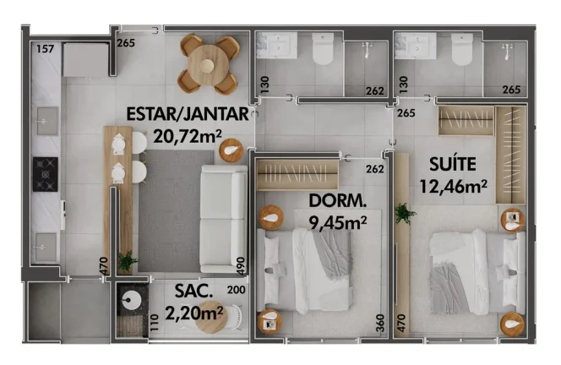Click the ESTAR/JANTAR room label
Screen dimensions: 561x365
tap(188, 114)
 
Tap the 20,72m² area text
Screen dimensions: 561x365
tap(188, 136)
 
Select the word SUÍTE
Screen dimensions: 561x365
tap(453, 164)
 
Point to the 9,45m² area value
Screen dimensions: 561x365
tap(338, 223)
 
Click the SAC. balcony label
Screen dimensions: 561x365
tap(193, 291)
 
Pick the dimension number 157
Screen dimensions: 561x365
tap(46, 49)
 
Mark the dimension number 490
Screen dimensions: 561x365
tap(241, 266)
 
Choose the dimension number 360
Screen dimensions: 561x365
tap(380, 323)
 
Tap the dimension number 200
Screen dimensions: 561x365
tap(236, 290)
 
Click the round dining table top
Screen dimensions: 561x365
tap(208, 65)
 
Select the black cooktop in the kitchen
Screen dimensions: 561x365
tap(46, 174)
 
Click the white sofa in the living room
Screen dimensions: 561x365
tap(224, 219)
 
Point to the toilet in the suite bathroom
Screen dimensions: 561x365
tap(462, 49)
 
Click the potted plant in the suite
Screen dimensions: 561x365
tap(405, 214)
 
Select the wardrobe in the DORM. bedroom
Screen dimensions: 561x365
tap(297, 175)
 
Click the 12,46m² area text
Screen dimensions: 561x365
tap(453, 187)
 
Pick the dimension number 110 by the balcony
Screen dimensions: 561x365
tap(155, 323)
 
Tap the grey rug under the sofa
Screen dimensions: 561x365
tap(176, 211)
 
